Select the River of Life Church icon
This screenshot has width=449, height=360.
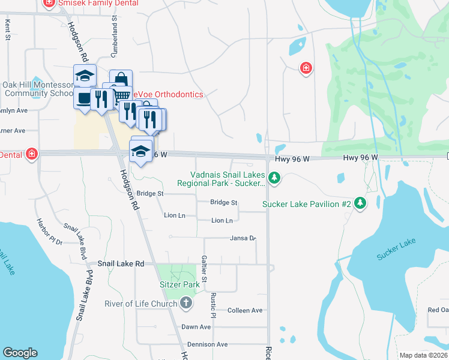(x=186, y=303)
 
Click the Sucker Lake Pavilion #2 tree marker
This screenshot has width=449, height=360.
(x=360, y=204)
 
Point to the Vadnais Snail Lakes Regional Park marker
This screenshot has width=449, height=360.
(x=274, y=177)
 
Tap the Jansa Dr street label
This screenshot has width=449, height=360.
(x=243, y=238)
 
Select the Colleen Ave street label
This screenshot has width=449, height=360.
(x=245, y=310)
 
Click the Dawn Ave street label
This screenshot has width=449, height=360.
(x=196, y=327)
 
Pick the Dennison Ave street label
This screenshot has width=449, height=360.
(x=208, y=344)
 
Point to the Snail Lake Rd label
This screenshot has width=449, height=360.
(x=121, y=264)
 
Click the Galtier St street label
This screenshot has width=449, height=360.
(x=205, y=268)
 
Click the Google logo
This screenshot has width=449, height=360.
(x=20, y=353)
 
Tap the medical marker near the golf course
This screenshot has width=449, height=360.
(x=306, y=68)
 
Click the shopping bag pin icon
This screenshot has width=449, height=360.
(x=121, y=79)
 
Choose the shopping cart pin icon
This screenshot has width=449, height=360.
(x=122, y=94)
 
